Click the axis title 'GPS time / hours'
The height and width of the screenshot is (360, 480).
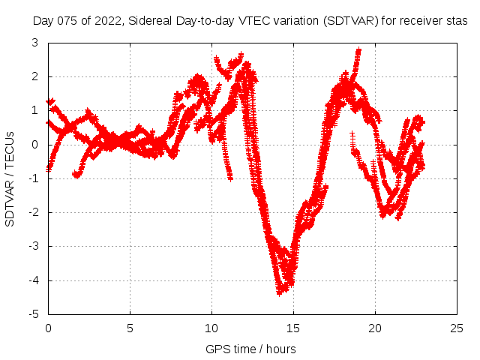coord(250,349)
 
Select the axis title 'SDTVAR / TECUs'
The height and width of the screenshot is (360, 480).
coord(10,178)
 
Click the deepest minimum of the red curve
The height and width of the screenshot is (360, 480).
coord(280,291)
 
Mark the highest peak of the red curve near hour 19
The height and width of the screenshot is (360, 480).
coord(358,50)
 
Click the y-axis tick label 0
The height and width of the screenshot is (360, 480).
coord(35,145)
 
